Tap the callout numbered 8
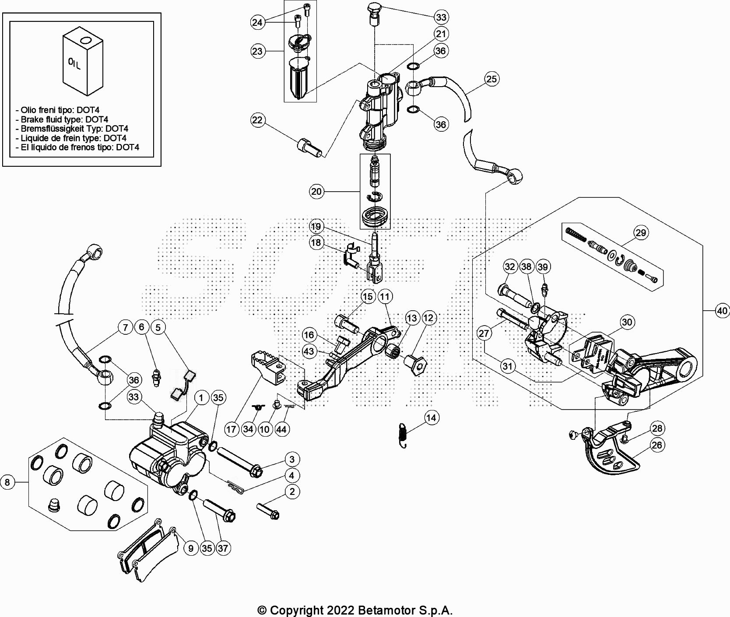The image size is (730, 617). [x=7, y=482]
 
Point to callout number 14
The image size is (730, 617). [x=431, y=417]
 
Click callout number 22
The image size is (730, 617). [x=257, y=120]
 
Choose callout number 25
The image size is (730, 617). [x=492, y=79]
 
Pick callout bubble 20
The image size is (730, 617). [x=316, y=191]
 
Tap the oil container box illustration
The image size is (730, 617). [x=82, y=60]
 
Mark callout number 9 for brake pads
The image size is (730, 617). [x=190, y=548]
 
